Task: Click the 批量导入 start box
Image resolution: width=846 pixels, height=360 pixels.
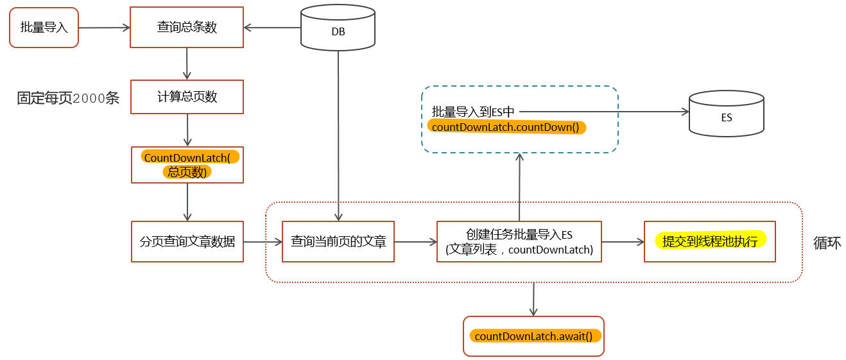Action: [44, 28]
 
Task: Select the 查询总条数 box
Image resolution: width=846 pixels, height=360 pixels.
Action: [187, 27]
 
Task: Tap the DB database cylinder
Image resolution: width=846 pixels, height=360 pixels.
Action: [338, 28]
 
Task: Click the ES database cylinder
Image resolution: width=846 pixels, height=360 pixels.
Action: [726, 114]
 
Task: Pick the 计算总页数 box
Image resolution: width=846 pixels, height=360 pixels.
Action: [187, 97]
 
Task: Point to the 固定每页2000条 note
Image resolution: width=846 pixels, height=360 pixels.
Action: [68, 98]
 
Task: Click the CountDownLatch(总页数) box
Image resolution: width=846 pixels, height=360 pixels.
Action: [187, 165]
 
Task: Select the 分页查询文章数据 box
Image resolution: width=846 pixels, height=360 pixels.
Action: [187, 241]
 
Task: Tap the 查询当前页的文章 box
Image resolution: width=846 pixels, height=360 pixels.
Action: [338, 241]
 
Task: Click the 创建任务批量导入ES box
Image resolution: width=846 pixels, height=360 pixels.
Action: [519, 241]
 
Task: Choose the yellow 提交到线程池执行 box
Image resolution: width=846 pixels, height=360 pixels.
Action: [710, 241]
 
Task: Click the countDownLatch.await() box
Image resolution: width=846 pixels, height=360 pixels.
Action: [533, 336]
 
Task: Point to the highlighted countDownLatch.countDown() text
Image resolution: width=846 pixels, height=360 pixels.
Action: [506, 127]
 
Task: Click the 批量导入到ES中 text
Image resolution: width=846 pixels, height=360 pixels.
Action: [473, 112]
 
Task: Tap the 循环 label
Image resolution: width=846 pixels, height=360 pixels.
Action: [827, 243]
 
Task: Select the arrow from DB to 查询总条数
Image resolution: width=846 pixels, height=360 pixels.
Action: [272, 28]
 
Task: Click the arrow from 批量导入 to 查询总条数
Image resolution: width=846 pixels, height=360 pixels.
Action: [104, 28]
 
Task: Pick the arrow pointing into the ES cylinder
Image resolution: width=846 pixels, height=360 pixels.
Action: [604, 112]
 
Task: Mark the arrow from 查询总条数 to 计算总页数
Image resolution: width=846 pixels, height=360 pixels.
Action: [187, 64]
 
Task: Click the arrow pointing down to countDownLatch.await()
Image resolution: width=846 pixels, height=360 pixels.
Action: [533, 299]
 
